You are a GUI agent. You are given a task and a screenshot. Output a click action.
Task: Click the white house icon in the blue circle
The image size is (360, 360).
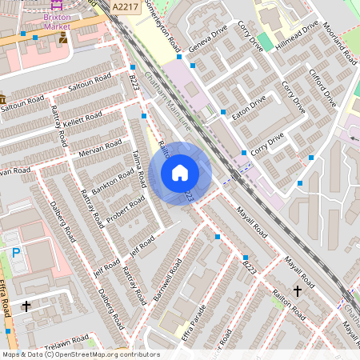pos(180,173)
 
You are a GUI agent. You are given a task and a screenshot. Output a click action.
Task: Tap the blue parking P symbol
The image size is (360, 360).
pos(16,253)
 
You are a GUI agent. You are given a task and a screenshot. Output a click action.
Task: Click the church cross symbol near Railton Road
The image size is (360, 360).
pos(298,290)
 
